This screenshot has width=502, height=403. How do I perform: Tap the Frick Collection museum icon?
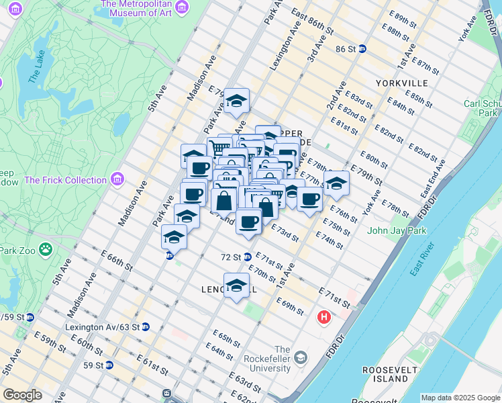(x=118, y=179)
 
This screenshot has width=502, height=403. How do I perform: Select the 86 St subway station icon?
(x=362, y=49)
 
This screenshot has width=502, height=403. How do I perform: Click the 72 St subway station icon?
(x=247, y=257)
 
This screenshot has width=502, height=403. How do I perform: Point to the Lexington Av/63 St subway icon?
(x=146, y=327)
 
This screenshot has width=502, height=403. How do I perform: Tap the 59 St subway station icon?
(x=109, y=365)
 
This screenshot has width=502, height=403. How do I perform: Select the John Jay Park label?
(x=397, y=231)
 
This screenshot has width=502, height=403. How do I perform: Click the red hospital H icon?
(x=325, y=316)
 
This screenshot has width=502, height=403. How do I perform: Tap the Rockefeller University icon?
(x=299, y=356)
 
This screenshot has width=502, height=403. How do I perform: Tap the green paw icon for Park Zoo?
(x=45, y=250)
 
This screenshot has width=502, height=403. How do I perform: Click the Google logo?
(x=22, y=395)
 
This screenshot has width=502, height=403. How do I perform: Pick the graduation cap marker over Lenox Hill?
(x=236, y=286)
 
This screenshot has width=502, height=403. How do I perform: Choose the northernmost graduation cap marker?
(x=236, y=101)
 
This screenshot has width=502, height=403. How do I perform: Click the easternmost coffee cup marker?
(x=309, y=200)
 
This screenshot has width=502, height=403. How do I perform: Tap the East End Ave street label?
(x=434, y=178)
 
